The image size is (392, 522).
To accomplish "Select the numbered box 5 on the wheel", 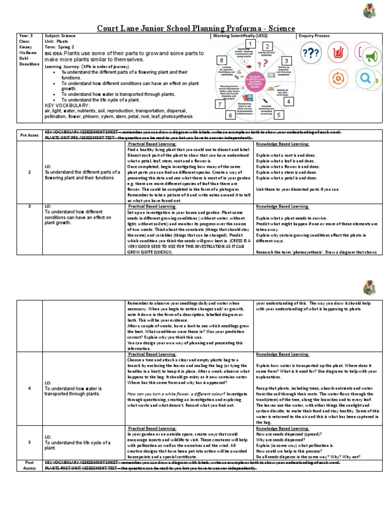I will coord(278,115).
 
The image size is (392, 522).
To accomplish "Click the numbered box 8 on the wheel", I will coord(222,61).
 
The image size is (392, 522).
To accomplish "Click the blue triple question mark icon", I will coord(311,53).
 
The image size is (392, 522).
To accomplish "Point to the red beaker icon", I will coord(338,53).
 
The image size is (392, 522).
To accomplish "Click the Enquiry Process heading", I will coord(314,36).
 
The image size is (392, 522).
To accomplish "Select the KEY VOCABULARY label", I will coord(66,105).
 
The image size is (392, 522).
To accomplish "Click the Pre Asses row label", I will coord(29,136).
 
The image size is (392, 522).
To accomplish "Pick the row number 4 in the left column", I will coord(29,388).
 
